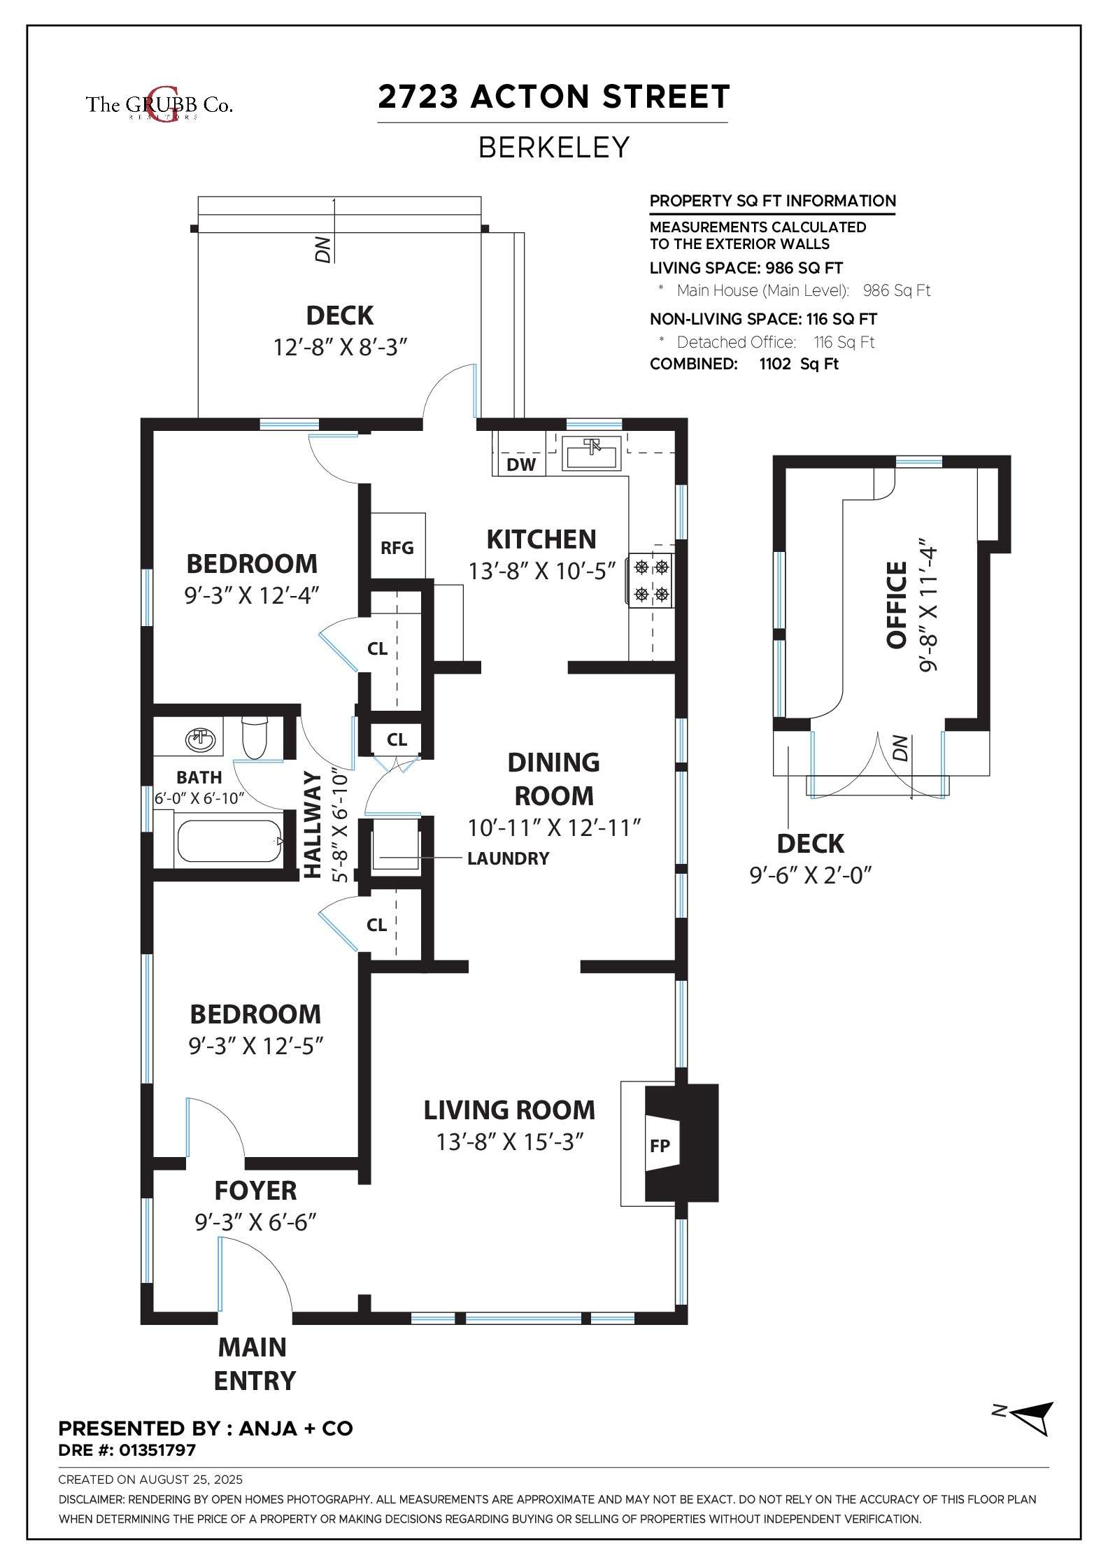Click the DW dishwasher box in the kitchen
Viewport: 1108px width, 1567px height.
tap(520, 464)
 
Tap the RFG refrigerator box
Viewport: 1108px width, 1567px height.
tap(397, 546)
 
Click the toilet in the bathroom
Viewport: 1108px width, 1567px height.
tap(253, 738)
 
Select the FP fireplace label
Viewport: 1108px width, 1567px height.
tap(660, 1145)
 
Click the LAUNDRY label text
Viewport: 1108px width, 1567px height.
tap(509, 858)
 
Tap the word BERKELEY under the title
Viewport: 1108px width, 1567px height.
tap(554, 148)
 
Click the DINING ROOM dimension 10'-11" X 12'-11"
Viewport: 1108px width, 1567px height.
tap(554, 828)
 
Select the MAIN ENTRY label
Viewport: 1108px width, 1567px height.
tap(255, 1364)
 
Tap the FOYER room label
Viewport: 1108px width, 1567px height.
tap(255, 1191)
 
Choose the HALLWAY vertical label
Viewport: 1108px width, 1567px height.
tap(312, 824)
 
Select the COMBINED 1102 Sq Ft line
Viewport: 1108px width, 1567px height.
tap(744, 364)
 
